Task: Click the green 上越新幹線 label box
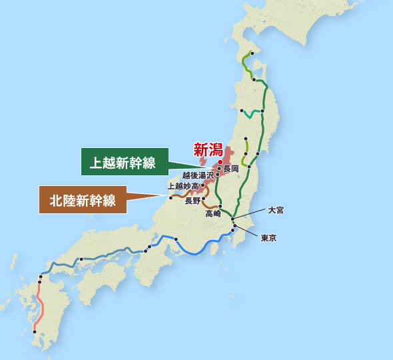coord(124,162)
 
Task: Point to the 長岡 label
coord(231,168)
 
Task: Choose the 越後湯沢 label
coord(198,175)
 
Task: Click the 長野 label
coord(193,201)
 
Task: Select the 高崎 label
coord(214,214)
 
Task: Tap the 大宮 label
coord(276,209)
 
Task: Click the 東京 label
coord(268,237)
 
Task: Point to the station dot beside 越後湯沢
coord(218,175)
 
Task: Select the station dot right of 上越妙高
coord(202,185)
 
